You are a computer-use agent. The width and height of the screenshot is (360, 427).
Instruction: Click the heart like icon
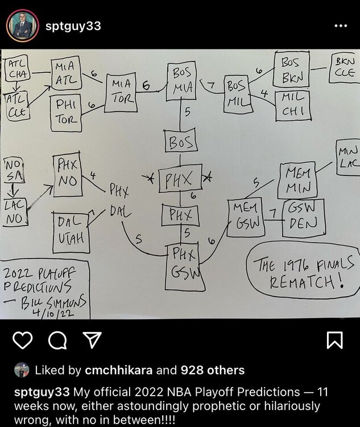[23, 340]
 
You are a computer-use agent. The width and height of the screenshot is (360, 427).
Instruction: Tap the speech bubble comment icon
[57, 340]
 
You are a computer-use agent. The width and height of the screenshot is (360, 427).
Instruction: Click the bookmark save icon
[334, 340]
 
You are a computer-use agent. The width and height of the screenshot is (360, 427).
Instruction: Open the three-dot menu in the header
[340, 26]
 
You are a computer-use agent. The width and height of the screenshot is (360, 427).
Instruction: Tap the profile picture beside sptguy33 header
[22, 26]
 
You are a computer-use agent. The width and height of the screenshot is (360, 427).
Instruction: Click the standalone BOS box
[181, 141]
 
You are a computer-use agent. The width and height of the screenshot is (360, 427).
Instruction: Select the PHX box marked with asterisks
[180, 179]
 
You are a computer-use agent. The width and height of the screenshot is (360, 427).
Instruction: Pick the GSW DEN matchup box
[303, 217]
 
